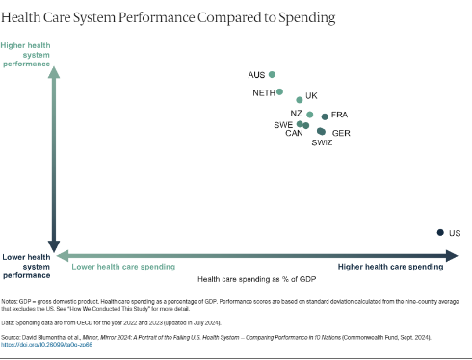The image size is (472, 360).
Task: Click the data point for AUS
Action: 273,74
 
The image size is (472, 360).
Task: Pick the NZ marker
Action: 309,115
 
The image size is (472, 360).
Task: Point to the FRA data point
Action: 325,116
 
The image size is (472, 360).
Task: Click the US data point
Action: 441,232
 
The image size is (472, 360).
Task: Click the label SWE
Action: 283,125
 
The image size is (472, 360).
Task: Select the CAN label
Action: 294,134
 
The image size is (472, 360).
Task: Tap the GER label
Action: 341,133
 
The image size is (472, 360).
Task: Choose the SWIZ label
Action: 322,142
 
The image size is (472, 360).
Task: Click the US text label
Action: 455,233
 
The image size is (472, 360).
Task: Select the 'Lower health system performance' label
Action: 26,267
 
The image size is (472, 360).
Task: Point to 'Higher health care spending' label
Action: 390,266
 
